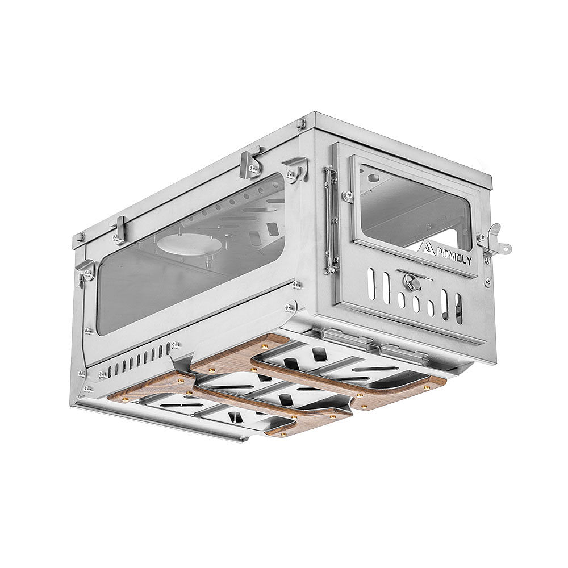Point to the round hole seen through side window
(x=189, y=244)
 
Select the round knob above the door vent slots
(x=408, y=281)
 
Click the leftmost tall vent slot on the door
(x=371, y=283)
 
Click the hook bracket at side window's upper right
(x=296, y=169)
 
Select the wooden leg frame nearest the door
(x=346, y=375)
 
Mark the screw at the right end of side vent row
(x=177, y=345)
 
